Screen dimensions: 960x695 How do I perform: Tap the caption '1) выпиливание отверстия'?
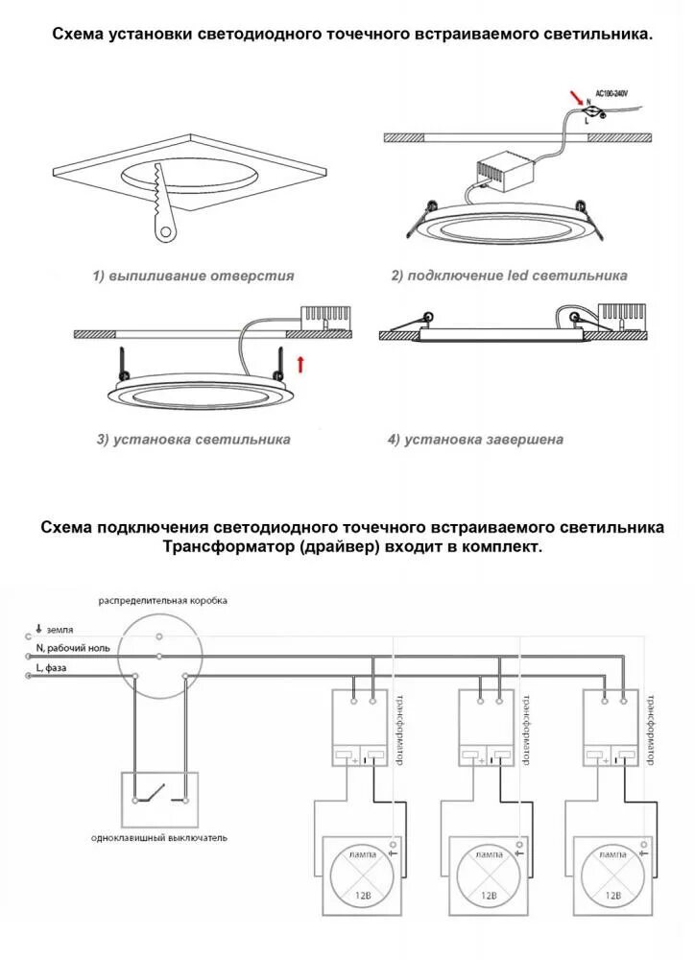193,276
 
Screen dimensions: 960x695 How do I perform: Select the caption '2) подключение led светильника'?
509,276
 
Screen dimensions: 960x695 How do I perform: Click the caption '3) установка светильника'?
193,440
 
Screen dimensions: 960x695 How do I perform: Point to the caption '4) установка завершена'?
475,440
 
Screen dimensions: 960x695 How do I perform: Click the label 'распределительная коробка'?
162,601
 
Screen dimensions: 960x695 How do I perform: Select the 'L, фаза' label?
51,668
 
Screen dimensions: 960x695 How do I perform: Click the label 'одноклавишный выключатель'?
159,838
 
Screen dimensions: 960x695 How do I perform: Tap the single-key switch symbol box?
158,799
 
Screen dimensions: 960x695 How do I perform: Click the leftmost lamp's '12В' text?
360,896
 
